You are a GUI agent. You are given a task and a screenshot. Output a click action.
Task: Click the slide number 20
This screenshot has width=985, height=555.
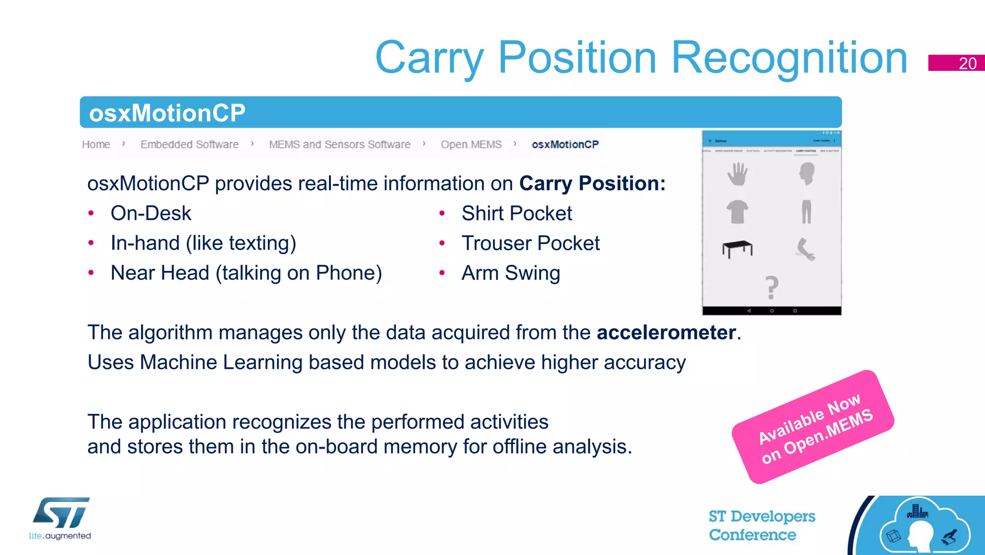click(967, 64)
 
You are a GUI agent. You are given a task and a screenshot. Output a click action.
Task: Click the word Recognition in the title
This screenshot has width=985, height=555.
click(789, 58)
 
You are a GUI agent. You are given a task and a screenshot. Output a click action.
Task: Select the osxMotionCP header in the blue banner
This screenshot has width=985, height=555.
click(167, 113)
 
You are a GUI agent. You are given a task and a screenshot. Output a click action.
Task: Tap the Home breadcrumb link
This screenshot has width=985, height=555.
click(96, 144)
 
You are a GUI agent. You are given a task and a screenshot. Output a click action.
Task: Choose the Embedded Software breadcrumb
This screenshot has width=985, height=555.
click(189, 144)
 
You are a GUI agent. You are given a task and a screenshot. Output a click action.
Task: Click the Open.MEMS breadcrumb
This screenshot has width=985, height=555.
click(471, 144)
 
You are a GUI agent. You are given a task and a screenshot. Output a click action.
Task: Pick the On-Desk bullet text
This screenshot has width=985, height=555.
click(151, 213)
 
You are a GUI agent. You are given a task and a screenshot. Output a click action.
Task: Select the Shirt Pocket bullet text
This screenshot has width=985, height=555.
click(517, 213)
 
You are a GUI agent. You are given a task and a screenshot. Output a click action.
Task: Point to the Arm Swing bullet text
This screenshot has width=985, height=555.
click(511, 273)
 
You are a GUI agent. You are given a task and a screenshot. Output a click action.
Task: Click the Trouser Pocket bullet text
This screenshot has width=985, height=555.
click(530, 243)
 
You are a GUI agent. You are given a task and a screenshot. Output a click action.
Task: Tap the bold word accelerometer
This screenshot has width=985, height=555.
click(666, 333)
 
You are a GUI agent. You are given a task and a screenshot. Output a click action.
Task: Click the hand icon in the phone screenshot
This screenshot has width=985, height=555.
click(737, 174)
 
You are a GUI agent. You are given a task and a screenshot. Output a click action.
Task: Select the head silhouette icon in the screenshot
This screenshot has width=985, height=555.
click(807, 173)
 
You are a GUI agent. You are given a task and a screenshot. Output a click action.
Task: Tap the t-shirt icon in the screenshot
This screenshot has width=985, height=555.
click(737, 212)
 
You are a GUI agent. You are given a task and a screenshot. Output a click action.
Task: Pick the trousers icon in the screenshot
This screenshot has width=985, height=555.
click(807, 212)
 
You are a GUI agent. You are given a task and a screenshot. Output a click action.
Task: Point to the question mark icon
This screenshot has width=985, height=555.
click(771, 287)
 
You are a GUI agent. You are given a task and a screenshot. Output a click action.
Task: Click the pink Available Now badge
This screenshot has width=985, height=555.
click(813, 427)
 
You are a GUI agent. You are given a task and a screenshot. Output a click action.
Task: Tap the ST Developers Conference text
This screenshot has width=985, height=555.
click(761, 525)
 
